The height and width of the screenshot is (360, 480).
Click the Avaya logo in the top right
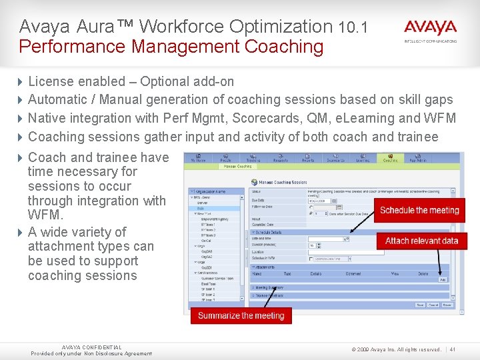pyautogui.click(x=430, y=28)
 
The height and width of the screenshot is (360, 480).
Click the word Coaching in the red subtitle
pyautogui.click(x=284, y=47)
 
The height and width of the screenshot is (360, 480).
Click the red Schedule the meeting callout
pyautogui.click(x=419, y=210)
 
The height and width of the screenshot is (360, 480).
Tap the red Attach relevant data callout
pyautogui.click(x=421, y=241)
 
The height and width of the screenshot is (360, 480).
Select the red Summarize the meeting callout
pyautogui.click(x=241, y=315)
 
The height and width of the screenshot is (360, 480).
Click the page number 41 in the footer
pyautogui.click(x=453, y=349)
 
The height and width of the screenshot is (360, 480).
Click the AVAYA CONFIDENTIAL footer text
pyautogui.click(x=91, y=347)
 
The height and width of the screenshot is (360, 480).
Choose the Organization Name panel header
pyautogui.click(x=215, y=190)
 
